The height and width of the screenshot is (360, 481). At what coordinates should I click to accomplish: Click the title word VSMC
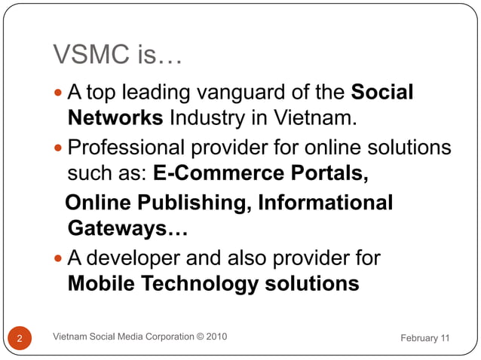point(87,55)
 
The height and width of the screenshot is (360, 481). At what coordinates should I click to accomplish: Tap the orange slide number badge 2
point(19,338)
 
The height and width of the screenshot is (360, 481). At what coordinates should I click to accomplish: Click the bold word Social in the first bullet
point(383,93)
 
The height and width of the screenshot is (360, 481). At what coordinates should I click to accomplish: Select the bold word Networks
point(115,118)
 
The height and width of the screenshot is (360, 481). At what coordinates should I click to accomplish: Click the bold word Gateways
point(127,228)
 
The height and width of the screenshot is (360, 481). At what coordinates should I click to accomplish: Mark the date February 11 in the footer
point(424,338)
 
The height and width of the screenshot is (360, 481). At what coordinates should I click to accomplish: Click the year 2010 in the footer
point(215,336)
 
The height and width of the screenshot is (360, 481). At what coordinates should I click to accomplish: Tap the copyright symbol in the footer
point(198,336)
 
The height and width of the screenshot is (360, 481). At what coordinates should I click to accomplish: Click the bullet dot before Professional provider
point(60,147)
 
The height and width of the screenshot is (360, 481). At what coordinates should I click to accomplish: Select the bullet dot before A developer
point(60,258)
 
